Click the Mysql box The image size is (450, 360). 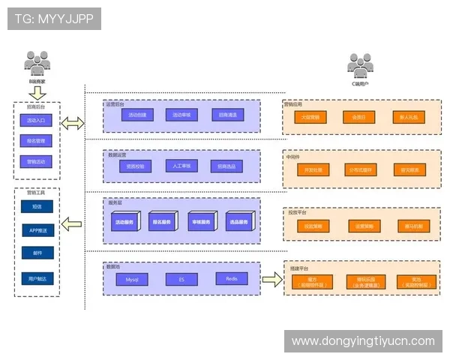click(131, 279)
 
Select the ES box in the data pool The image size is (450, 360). click(181, 279)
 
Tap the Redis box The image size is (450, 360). click(231, 279)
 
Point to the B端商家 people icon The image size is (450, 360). click(37, 61)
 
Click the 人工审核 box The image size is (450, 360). click(181, 166)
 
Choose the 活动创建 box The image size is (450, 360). click(137, 115)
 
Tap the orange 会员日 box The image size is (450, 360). click(359, 117)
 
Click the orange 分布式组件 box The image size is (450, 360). click(359, 170)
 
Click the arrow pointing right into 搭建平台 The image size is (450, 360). click(271, 279)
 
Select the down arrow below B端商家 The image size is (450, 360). click(37, 92)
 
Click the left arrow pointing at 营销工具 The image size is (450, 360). click(72, 223)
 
